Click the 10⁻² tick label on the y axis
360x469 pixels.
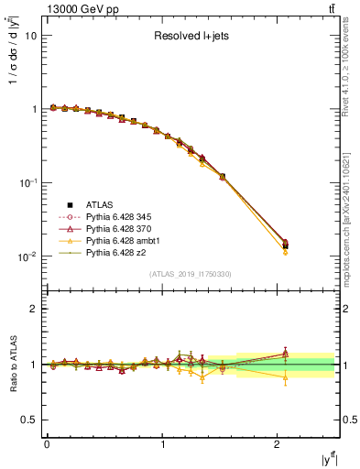pos(28,256)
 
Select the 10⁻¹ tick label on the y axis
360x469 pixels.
pos(28,183)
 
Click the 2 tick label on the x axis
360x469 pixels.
pos(278,444)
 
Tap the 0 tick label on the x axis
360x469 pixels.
pos(47,444)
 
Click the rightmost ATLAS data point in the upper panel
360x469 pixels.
pos(285,245)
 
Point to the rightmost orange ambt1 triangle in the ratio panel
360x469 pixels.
pos(285,376)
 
